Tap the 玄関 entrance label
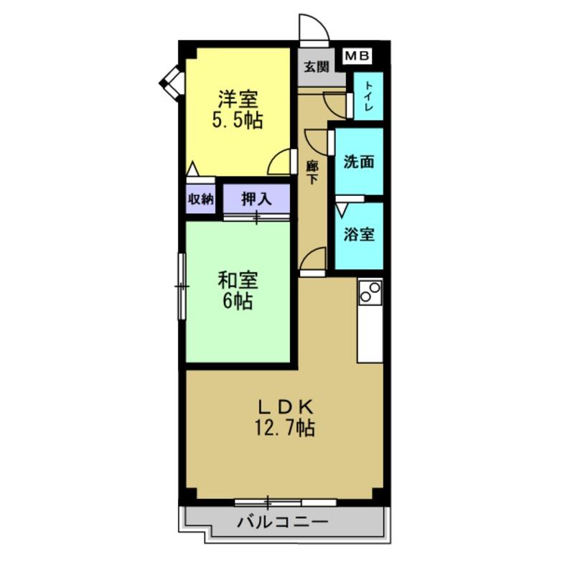click(315, 67)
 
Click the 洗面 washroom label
click(358, 162)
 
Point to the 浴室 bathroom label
click(358, 234)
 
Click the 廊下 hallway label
click(312, 172)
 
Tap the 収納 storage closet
click(201, 200)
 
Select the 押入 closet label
click(256, 199)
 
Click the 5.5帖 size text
click(237, 121)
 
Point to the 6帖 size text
click(237, 302)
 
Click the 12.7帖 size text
click(284, 429)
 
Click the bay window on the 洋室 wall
click(172, 82)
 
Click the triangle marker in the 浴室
click(341, 210)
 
